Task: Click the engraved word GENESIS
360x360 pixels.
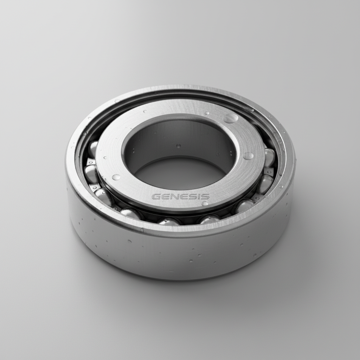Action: pos(180,197)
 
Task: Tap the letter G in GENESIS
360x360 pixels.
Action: pos(156,197)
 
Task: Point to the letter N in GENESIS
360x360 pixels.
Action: pos(173,197)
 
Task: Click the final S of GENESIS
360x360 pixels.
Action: pos(205,196)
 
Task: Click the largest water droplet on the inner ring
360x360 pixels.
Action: pos(231,118)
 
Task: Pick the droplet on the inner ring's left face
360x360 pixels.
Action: pos(116,177)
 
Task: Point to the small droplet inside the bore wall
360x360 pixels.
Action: pos(178,146)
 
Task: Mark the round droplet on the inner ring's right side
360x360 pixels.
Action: pos(248,156)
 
